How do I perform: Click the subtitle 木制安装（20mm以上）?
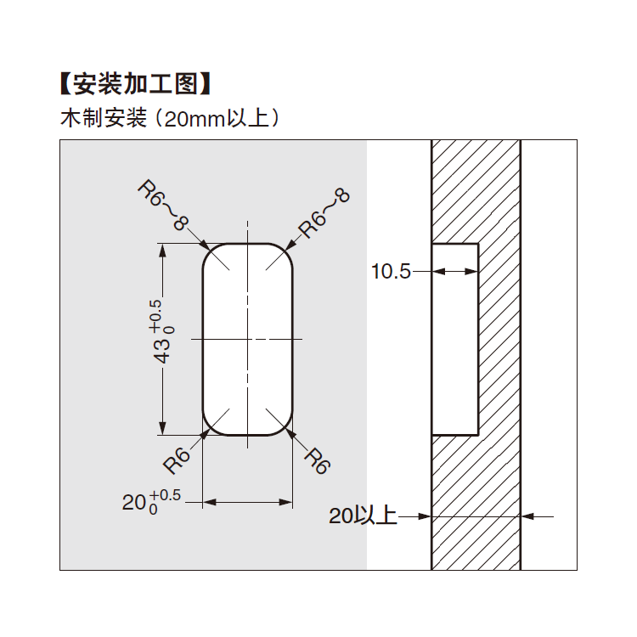click(x=170, y=118)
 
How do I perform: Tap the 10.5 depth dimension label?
click(x=390, y=272)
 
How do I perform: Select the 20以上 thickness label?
click(x=363, y=516)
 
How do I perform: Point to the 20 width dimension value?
click(x=134, y=503)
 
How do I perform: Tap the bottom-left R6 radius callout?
click(x=178, y=459)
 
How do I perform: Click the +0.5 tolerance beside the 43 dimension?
click(x=155, y=314)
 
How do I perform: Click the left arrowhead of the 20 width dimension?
click(x=207, y=503)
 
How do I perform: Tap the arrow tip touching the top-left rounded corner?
click(x=208, y=248)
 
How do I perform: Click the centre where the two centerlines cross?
click(x=247, y=339)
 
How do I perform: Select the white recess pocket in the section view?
click(x=454, y=340)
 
